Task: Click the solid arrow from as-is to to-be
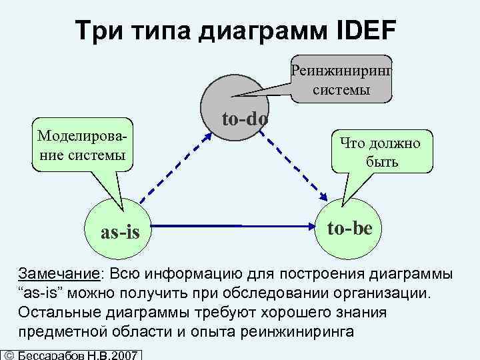coord(233,227)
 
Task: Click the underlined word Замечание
coord(59,274)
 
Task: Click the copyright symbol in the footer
coord(9,354)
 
